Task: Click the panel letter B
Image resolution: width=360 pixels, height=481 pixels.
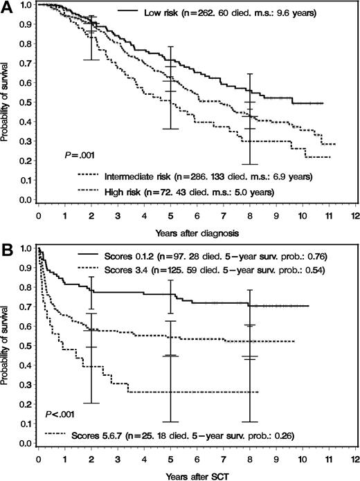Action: pos(6,245)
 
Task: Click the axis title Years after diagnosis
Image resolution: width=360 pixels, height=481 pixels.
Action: pos(197,230)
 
